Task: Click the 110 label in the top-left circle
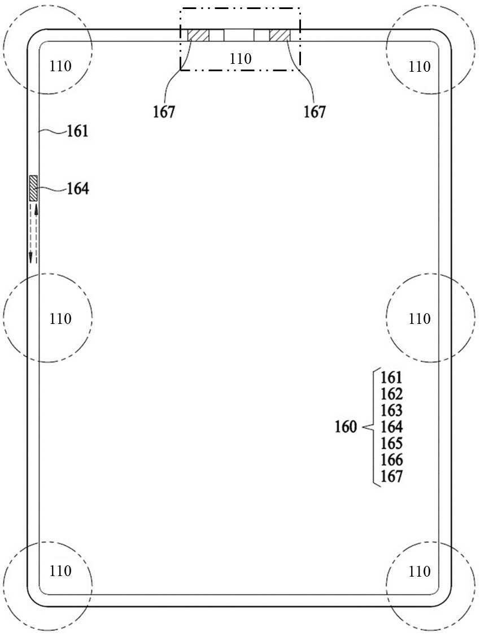pyautogui.click(x=60, y=66)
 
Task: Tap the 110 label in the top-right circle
pyautogui.click(x=419, y=66)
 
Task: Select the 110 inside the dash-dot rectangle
pyautogui.click(x=241, y=59)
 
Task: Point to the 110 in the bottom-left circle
pyautogui.click(x=60, y=571)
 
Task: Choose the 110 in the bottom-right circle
pyautogui.click(x=419, y=571)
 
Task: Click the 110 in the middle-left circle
pyautogui.click(x=60, y=319)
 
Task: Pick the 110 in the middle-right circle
pyautogui.click(x=419, y=319)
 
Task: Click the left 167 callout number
pyautogui.click(x=164, y=111)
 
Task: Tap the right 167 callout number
pyautogui.click(x=315, y=111)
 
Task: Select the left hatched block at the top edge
pyautogui.click(x=198, y=35)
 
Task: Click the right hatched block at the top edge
pyautogui.click(x=280, y=35)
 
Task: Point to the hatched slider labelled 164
pyautogui.click(x=33, y=188)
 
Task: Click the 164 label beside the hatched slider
pyautogui.click(x=78, y=189)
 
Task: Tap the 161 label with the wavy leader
pyautogui.click(x=77, y=131)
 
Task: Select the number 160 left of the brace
pyautogui.click(x=346, y=427)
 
